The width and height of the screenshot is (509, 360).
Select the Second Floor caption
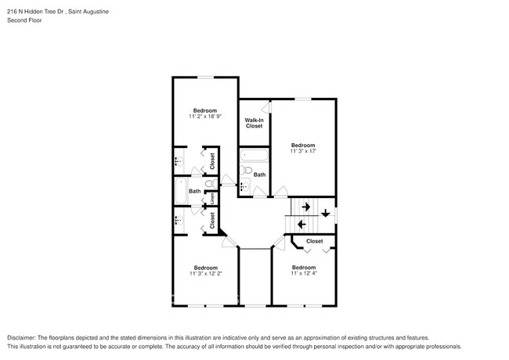[24, 20]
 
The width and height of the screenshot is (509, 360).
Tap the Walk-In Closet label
[254, 122]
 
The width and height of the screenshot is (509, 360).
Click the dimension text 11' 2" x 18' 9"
[205, 117]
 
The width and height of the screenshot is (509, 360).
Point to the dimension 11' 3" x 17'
[303, 151]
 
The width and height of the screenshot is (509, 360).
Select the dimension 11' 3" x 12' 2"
[205, 274]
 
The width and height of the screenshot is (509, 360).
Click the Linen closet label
[212, 198]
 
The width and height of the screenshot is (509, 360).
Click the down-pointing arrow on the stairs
[325, 212]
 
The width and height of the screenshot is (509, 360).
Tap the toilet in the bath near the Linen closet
[209, 184]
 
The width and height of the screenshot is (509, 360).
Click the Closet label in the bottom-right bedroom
[314, 242]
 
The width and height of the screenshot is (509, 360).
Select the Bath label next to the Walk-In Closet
[259, 175]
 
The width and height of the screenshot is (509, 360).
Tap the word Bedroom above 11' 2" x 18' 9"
[205, 110]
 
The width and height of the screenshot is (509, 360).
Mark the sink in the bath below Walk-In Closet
[244, 187]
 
